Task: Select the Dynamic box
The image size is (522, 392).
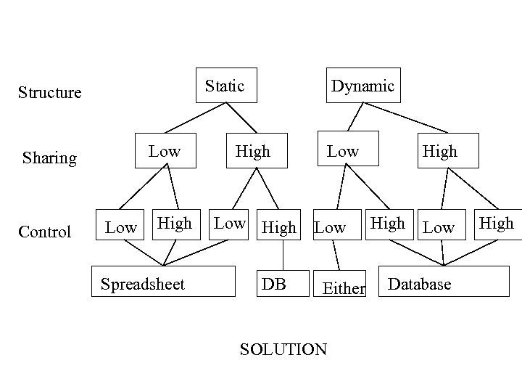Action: (x=362, y=87)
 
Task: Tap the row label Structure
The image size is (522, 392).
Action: (x=49, y=93)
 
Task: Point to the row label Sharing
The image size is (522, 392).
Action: (x=49, y=158)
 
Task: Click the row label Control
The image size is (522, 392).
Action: (x=45, y=232)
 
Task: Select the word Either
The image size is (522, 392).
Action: (x=344, y=289)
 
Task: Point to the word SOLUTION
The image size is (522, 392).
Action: (x=283, y=350)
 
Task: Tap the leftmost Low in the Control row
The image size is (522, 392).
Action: (x=121, y=228)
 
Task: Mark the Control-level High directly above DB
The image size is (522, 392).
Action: (x=279, y=228)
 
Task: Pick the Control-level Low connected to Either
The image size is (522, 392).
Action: (x=330, y=228)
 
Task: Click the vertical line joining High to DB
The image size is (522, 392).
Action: (x=282, y=253)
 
